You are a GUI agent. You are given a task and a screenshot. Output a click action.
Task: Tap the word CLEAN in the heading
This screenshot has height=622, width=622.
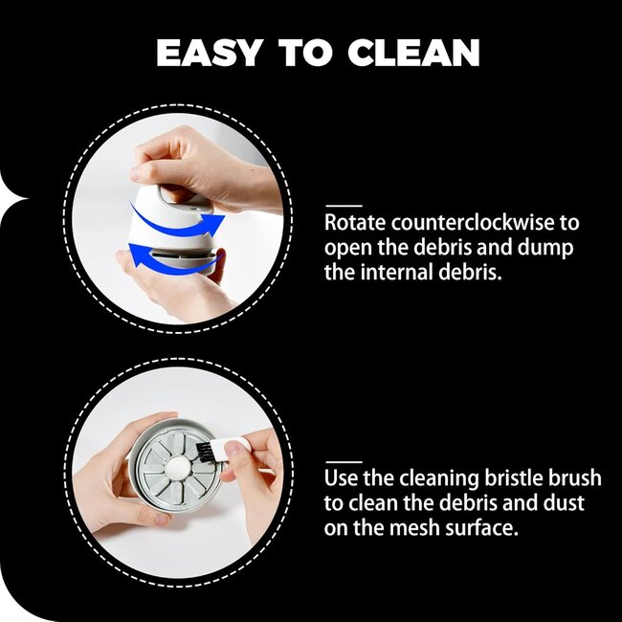413,53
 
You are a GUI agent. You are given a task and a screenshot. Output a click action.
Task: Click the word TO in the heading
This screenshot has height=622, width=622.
304,53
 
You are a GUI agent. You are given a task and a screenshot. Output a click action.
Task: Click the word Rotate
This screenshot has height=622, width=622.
355,223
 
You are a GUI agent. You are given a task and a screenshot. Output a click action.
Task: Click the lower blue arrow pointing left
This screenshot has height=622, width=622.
170,261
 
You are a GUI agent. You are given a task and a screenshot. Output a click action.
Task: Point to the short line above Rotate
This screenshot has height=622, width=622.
344,206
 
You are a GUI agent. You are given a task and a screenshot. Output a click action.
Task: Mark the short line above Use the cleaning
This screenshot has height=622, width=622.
344,462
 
